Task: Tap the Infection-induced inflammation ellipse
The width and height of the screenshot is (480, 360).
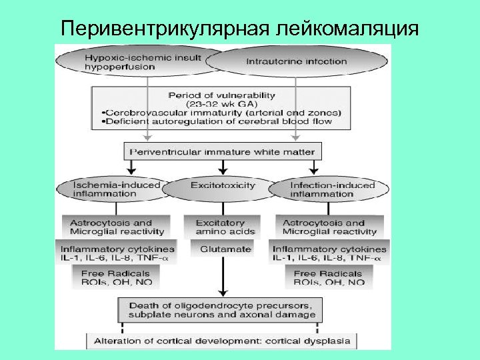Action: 332,190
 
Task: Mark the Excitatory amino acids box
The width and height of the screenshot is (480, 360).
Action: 225,227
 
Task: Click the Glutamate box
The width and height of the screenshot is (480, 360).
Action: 225,249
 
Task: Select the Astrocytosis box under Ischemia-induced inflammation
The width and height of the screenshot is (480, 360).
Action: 116,227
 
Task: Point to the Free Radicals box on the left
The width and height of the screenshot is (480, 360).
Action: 116,277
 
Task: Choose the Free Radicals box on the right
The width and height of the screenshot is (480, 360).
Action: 329,277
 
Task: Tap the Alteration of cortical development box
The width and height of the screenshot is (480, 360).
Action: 222,341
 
